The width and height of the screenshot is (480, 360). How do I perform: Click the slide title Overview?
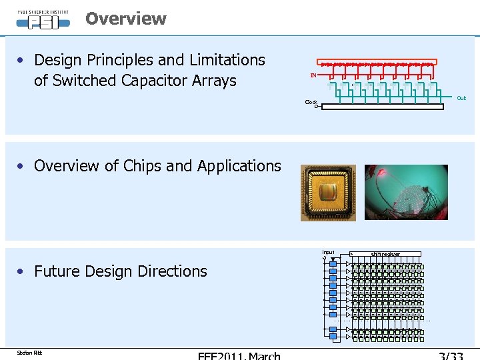(125, 19)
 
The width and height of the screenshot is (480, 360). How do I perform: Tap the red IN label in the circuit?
(313, 75)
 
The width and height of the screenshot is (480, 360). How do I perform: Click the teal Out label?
(461, 98)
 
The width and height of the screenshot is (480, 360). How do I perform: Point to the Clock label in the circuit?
(311, 102)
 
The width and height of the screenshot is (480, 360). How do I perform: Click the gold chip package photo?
(328, 193)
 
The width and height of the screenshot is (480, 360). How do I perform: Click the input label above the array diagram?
(328, 252)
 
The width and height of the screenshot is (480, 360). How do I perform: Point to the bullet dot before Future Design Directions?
(23, 271)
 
